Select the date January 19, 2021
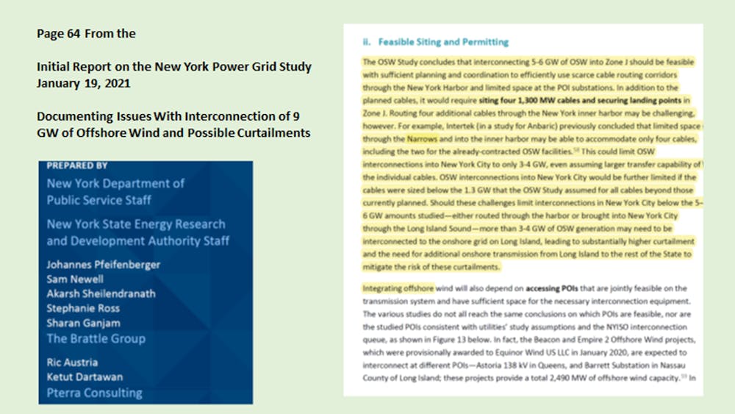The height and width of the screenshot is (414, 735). pyautogui.click(x=83, y=83)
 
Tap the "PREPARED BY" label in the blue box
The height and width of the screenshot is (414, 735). pyautogui.click(x=77, y=166)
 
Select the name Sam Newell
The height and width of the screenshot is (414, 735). pyautogui.click(x=75, y=279)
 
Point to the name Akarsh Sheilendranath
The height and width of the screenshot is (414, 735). pyautogui.click(x=101, y=294)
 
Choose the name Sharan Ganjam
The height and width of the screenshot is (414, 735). pyautogui.click(x=83, y=324)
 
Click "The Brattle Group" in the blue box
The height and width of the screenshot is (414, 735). pyautogui.click(x=96, y=339)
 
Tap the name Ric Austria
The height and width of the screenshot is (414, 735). pyautogui.click(x=72, y=363)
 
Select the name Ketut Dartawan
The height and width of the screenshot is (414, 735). pyautogui.click(x=85, y=377)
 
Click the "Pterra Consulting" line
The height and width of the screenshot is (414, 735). pyautogui.click(x=95, y=393)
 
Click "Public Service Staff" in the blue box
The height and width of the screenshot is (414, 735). pyautogui.click(x=99, y=200)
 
